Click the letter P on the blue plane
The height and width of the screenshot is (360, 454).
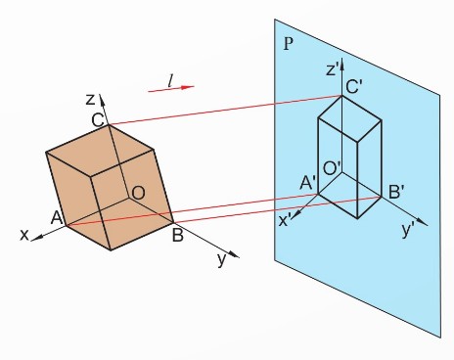coord(289,44)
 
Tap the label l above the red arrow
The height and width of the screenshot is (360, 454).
coord(170,80)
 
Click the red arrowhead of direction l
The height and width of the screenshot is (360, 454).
coord(187,87)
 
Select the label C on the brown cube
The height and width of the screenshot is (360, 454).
coord(98,120)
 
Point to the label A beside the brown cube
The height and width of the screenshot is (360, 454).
coord(57,217)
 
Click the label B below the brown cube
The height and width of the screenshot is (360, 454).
coord(177,235)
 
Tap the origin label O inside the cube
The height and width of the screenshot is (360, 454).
coord(138,193)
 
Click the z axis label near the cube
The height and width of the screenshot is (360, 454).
coord(90,100)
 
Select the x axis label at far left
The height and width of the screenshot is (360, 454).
coord(24,235)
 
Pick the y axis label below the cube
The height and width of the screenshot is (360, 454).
coord(222,260)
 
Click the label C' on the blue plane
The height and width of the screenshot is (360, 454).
coord(353,87)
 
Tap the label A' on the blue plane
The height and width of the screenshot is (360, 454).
coord(307,183)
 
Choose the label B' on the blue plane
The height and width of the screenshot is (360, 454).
coord(396,192)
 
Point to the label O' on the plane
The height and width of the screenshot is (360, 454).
coord(332,168)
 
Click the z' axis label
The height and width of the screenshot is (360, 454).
coord(332,69)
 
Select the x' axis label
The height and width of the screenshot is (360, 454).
coord(286,221)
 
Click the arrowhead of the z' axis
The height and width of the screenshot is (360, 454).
coord(341,65)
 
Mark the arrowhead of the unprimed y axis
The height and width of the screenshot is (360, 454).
coord(234,254)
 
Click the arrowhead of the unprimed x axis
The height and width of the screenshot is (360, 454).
coord(36,238)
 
